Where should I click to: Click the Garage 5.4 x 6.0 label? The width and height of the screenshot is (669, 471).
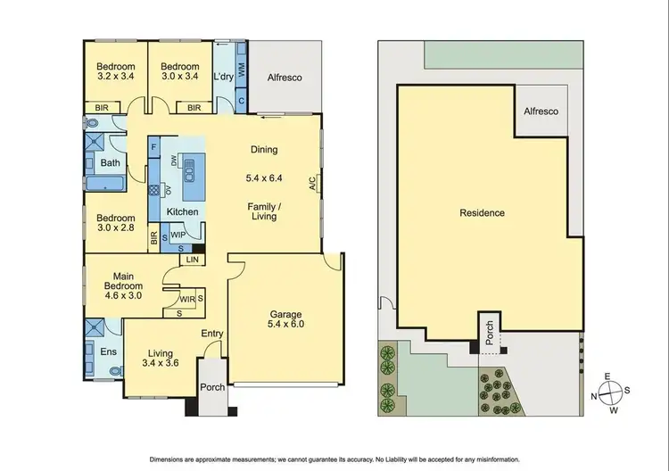[285, 320]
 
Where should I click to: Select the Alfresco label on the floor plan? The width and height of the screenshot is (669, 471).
[285, 78]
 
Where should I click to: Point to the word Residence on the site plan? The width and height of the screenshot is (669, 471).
[482, 213]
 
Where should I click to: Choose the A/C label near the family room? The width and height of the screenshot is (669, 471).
[312, 185]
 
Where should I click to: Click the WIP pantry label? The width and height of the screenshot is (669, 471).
[178, 235]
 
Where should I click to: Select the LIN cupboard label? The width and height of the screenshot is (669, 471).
[192, 260]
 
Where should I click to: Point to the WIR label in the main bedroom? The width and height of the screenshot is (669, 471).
[186, 299]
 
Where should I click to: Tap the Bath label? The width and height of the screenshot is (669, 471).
[111, 163]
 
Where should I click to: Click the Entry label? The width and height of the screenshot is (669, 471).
[211, 334]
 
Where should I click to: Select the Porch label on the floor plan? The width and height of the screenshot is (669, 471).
[213, 387]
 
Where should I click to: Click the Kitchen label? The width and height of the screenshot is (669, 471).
[182, 211]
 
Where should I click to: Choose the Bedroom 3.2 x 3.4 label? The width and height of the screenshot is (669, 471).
[116, 72]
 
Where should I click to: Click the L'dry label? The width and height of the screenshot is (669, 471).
[223, 78]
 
